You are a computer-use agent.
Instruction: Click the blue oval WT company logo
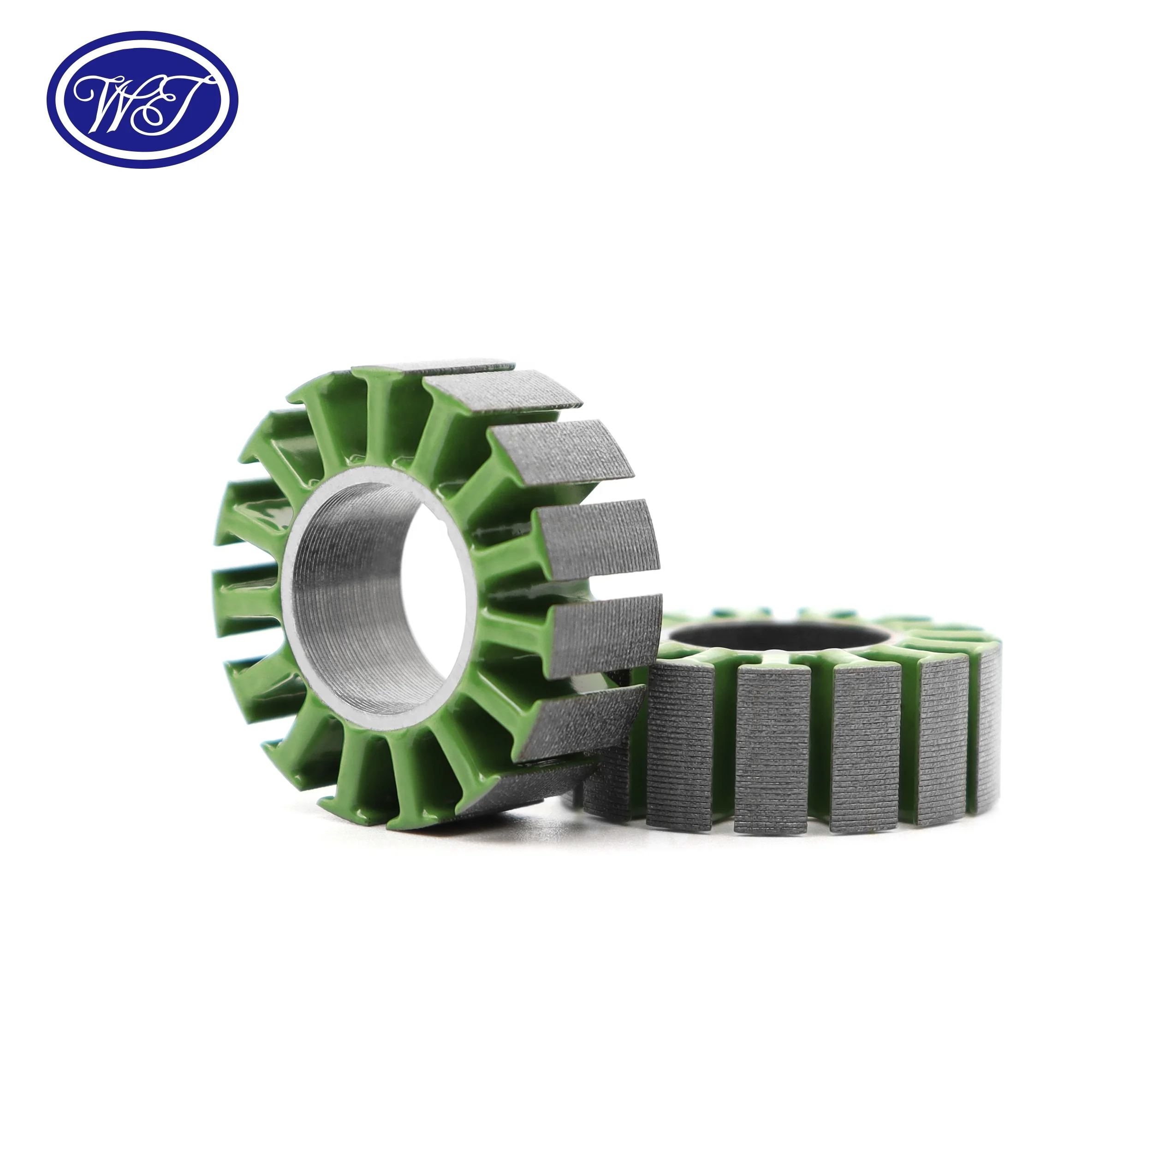(143, 100)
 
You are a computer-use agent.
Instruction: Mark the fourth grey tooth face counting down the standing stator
(597, 533)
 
